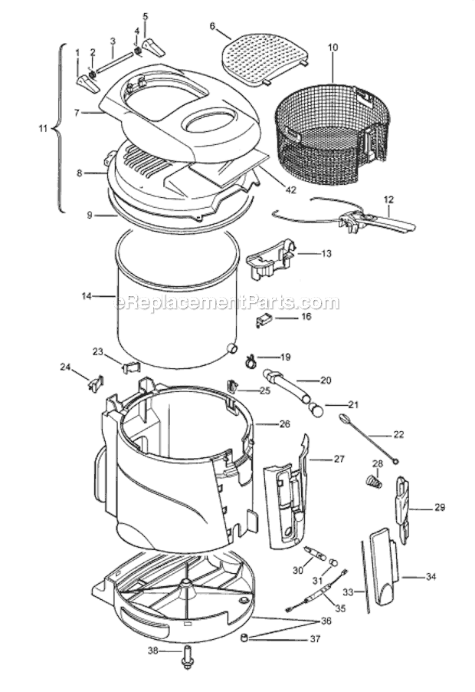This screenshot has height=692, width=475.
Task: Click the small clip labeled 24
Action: coord(96,381)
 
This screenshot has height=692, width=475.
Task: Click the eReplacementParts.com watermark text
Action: coord(227,303)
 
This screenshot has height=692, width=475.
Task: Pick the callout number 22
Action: coord(398,434)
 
